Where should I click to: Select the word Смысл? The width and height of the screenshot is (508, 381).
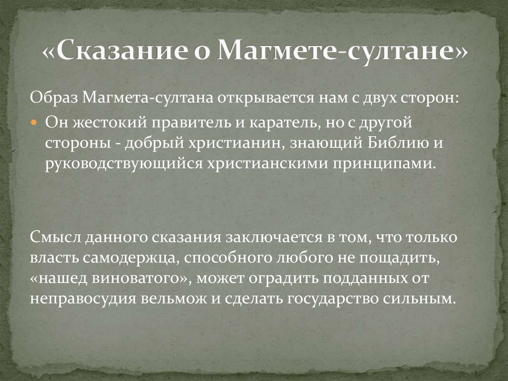(x=53, y=237)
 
